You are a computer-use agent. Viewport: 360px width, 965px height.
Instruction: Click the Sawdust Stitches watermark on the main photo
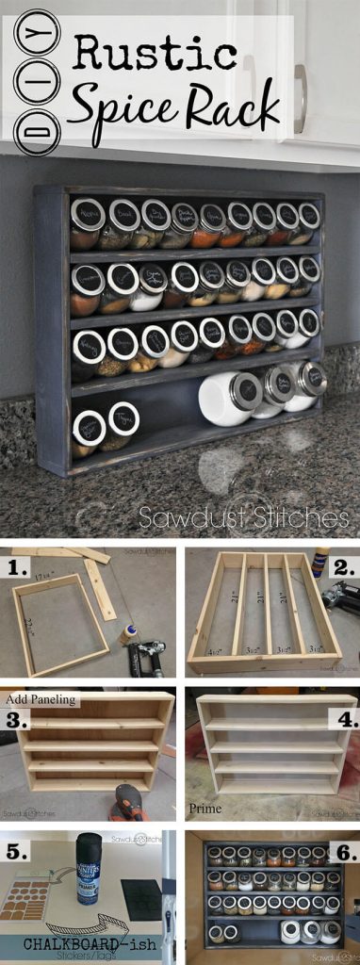pos(243,517)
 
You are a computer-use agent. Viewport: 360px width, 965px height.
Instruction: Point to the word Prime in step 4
pos(205,808)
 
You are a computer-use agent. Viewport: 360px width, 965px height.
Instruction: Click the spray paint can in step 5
pos(90,868)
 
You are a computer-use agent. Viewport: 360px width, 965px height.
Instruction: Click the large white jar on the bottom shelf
pos(224,401)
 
